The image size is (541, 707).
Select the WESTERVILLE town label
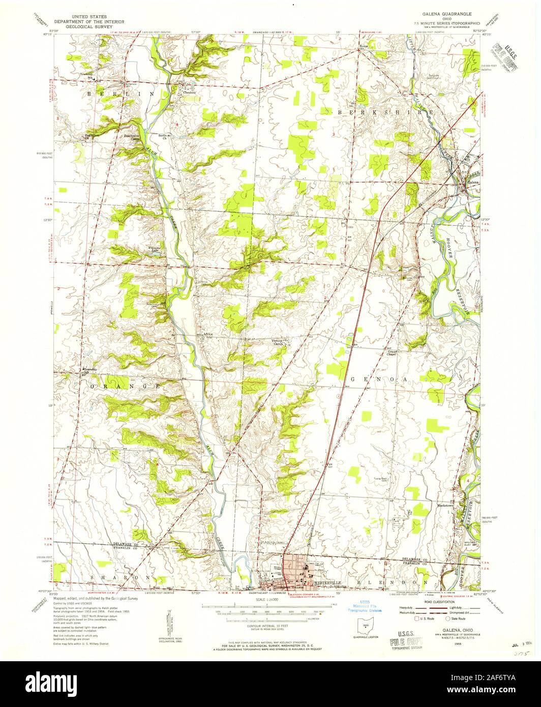326,581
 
